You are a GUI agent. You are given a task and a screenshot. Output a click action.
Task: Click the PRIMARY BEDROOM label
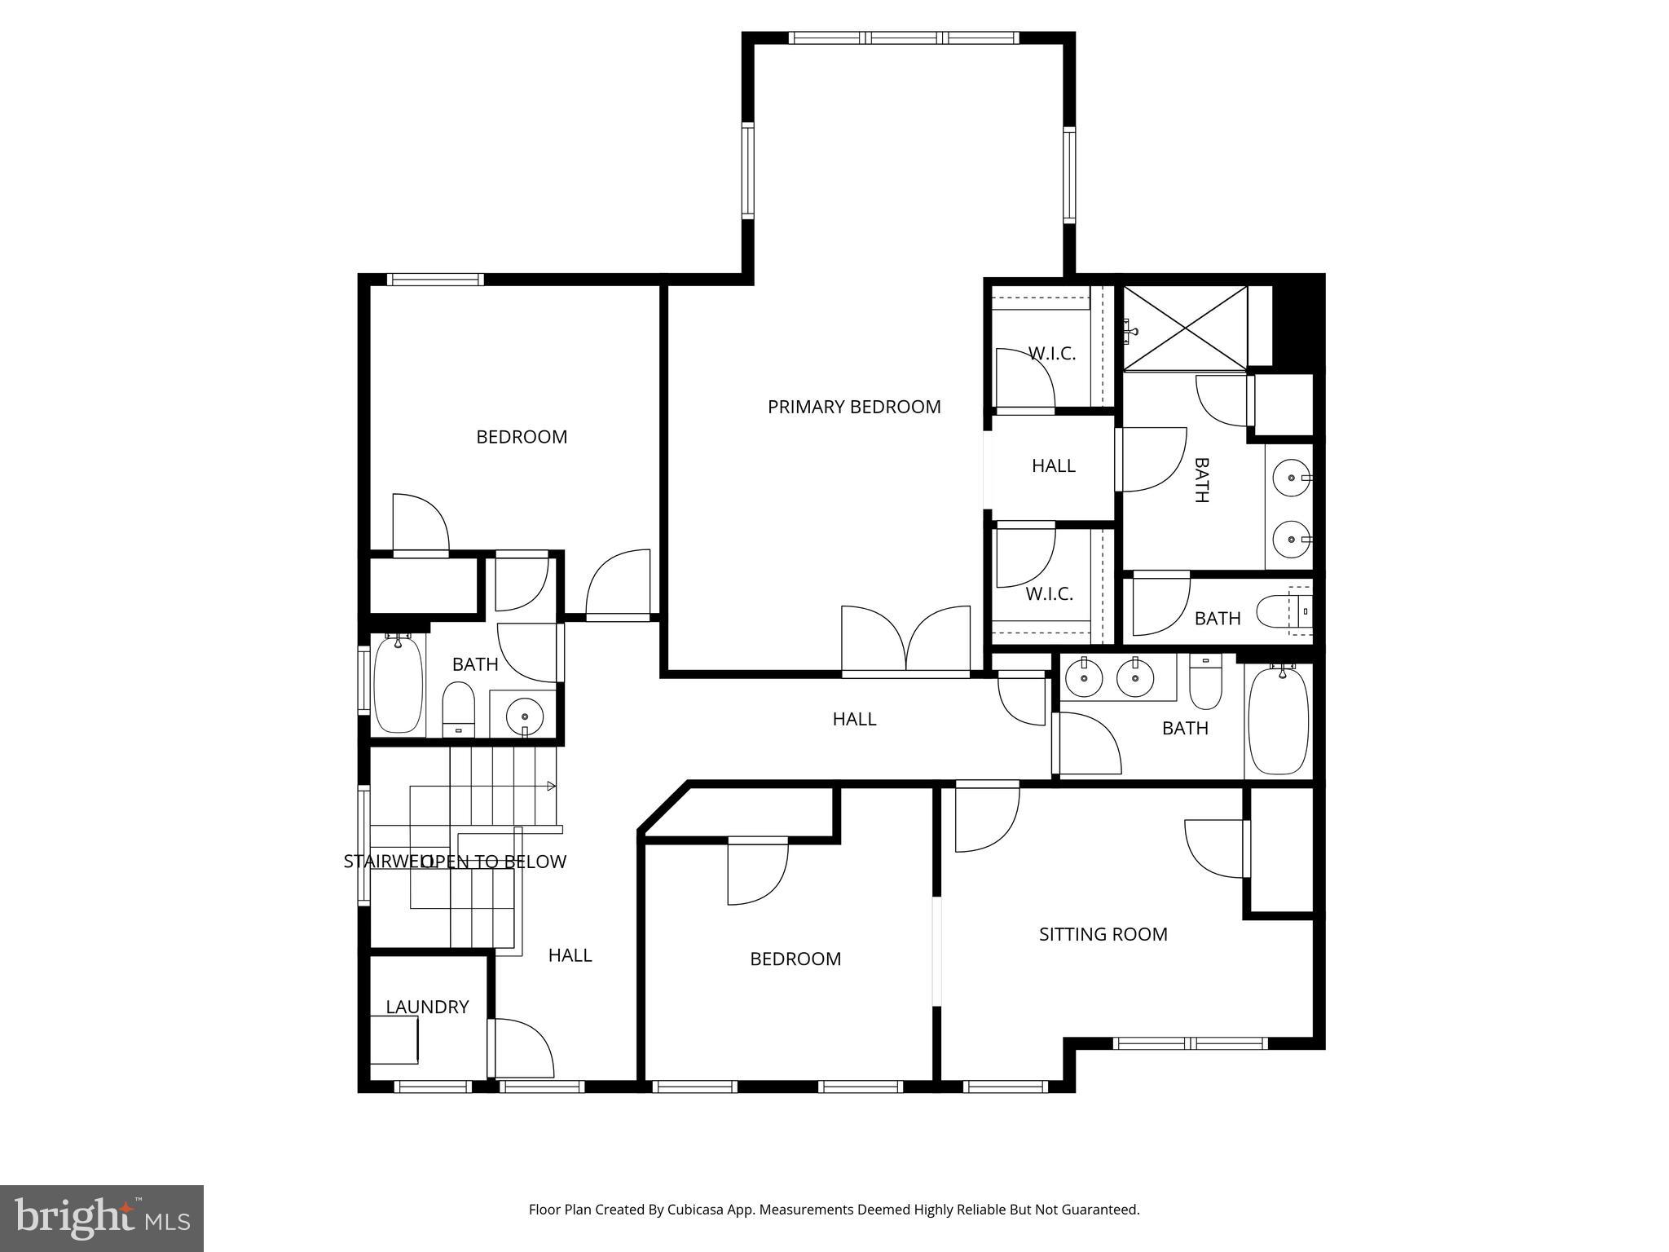854,407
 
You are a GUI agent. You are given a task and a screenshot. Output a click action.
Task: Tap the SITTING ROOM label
1103,934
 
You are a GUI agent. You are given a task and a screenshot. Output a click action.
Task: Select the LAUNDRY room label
427,1007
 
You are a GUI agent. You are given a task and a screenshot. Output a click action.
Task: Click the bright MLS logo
101,1219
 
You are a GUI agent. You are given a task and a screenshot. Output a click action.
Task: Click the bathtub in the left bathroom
399,685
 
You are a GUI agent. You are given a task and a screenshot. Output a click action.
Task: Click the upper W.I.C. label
1051,354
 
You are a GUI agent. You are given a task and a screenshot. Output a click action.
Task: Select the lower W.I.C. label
1049,594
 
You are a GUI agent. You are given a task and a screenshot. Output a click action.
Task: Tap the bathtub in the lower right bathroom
1279,721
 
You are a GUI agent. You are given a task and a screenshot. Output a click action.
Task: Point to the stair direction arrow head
552,787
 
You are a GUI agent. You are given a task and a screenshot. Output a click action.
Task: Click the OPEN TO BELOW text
494,862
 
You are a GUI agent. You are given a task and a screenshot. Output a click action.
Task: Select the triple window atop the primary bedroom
903,37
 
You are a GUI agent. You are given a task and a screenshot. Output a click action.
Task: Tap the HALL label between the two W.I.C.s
1053,465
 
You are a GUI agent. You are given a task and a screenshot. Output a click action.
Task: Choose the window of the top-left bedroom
435,280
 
